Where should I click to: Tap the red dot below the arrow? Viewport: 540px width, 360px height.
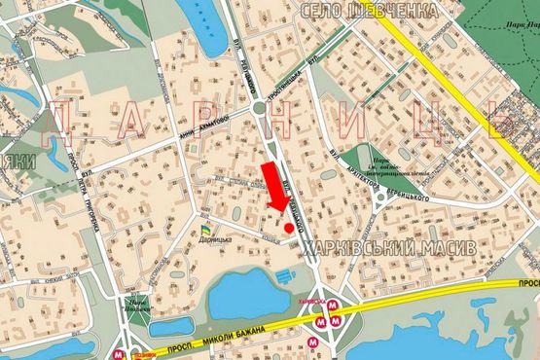pos(289,228)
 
